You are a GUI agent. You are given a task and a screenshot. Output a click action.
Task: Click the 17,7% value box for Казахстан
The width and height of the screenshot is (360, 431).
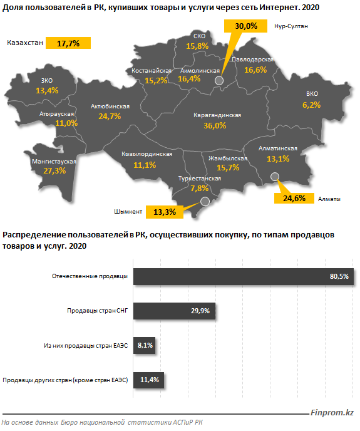tap(68, 43)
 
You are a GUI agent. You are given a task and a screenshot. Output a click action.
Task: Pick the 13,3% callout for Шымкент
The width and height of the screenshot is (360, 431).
tap(163, 212)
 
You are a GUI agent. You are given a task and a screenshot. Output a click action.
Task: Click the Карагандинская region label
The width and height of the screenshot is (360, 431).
tap(218, 116)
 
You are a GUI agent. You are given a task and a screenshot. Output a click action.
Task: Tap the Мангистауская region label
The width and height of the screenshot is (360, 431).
tap(54, 162)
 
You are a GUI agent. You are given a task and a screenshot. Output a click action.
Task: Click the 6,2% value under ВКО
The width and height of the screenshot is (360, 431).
tap(311, 105)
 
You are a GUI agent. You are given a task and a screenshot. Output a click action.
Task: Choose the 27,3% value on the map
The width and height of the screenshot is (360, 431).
tap(54, 171)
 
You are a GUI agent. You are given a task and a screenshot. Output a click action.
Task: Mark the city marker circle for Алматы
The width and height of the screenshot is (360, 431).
tap(274, 177)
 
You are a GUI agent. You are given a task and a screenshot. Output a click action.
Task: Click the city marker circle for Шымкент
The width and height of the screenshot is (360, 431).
tap(203, 201)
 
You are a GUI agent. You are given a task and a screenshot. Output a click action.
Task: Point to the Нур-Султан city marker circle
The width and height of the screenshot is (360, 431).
tap(218, 80)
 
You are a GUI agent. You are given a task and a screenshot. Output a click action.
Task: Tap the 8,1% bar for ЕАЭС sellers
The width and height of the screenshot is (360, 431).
tap(145, 345)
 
